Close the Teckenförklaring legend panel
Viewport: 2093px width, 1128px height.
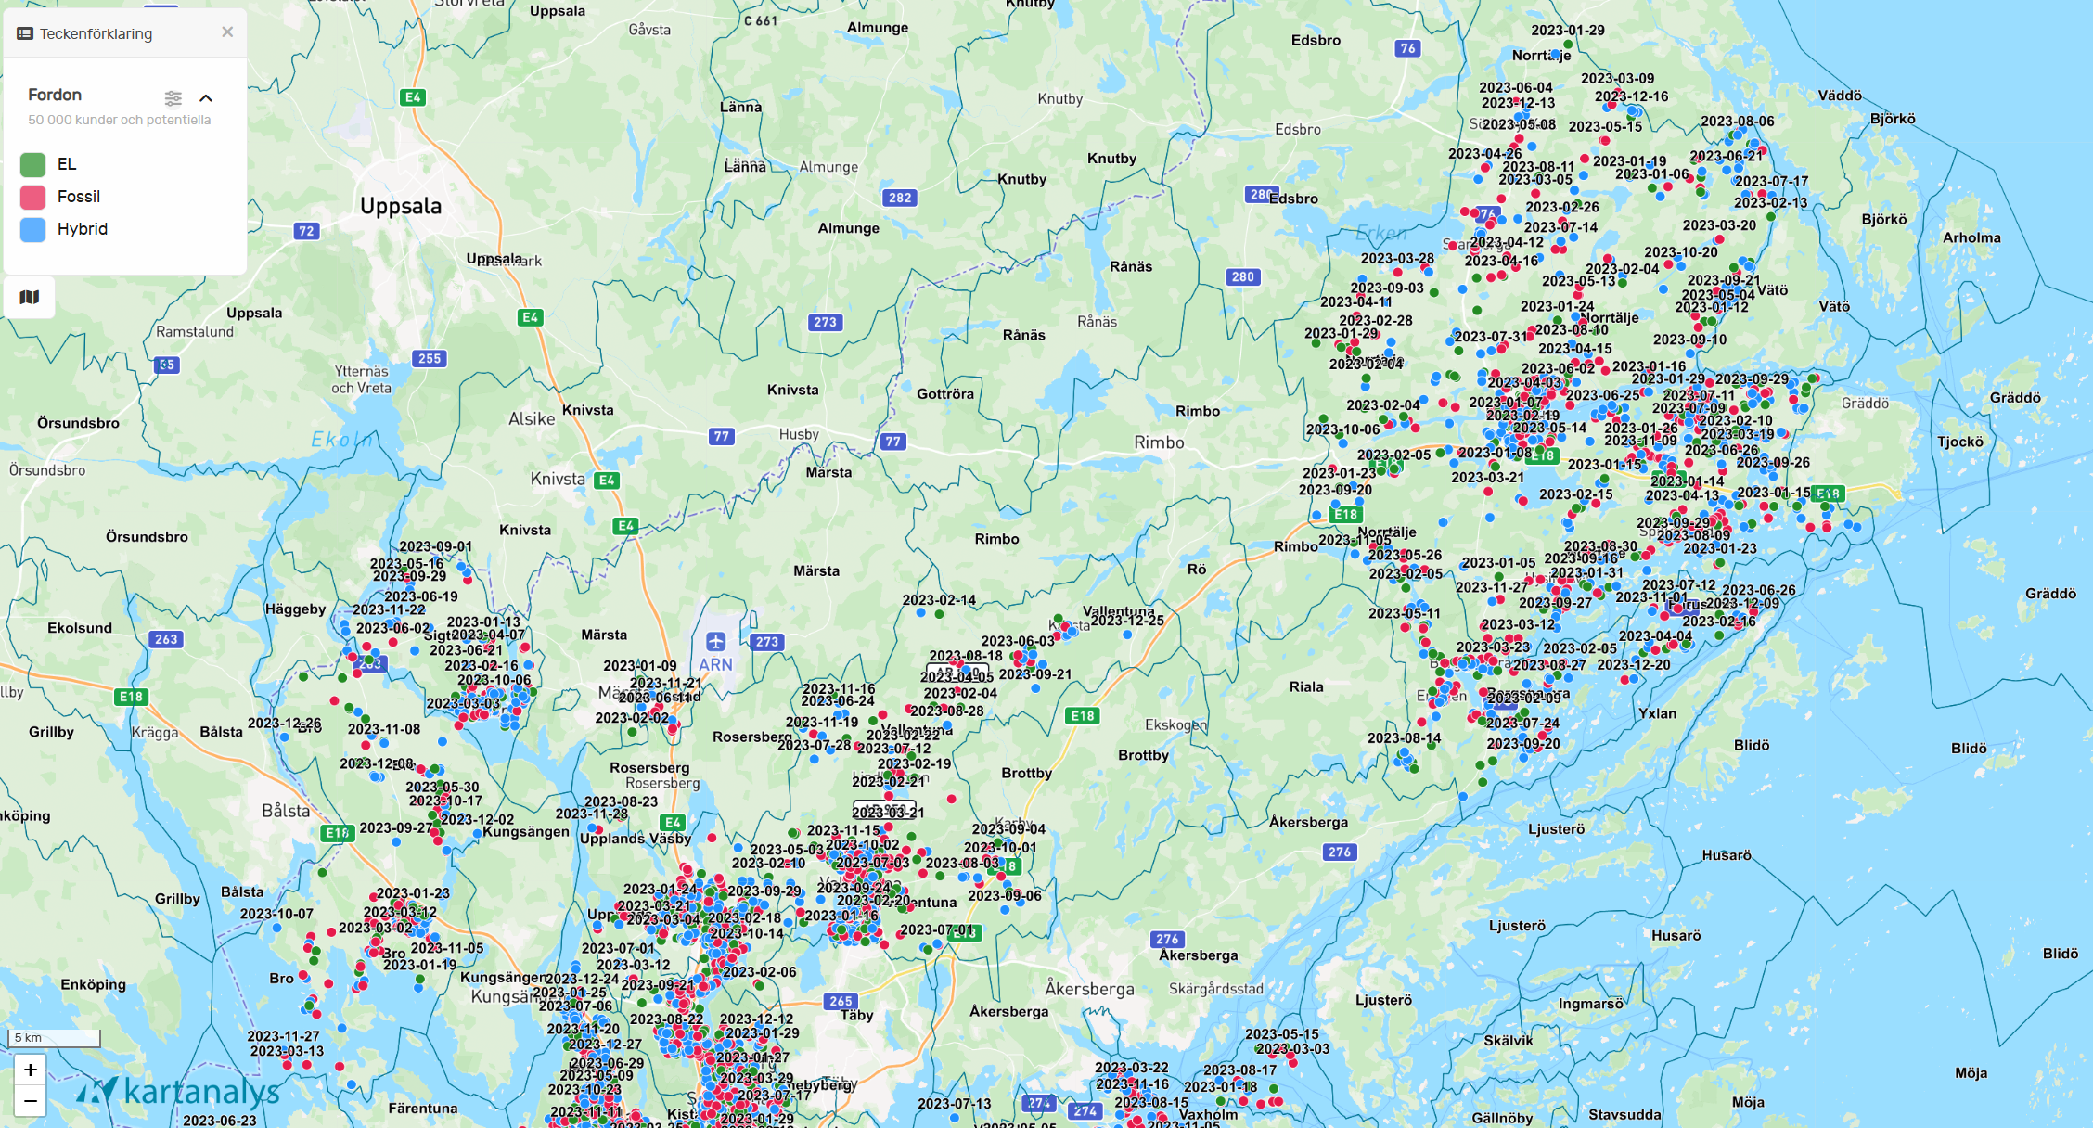(x=227, y=32)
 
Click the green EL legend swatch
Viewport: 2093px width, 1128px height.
(x=33, y=164)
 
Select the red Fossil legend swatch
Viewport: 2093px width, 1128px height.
(x=33, y=197)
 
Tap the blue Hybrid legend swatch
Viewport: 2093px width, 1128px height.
(x=33, y=229)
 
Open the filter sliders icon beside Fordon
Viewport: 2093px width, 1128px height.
(x=173, y=98)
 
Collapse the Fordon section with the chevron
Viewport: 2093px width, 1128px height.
(x=206, y=98)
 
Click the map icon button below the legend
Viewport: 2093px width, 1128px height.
(x=30, y=297)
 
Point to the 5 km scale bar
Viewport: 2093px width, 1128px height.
(x=54, y=1038)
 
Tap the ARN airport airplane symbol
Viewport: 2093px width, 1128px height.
(x=715, y=642)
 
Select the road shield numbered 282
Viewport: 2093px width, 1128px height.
(x=900, y=198)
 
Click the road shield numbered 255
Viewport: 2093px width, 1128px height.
(x=430, y=359)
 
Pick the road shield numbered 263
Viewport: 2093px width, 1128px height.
(x=166, y=639)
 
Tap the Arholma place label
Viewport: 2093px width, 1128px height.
(x=1971, y=238)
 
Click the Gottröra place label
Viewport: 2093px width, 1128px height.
(x=945, y=394)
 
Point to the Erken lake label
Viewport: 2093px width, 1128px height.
(x=1381, y=233)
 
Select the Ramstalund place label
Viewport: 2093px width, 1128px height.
(x=195, y=332)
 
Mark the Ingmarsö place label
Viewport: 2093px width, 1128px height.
(x=1591, y=1004)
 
